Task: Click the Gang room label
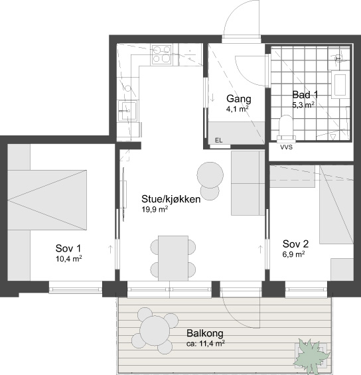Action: [x=239, y=99]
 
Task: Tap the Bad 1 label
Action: [x=305, y=95]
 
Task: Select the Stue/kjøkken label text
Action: [x=171, y=199]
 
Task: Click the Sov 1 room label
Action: [x=68, y=248]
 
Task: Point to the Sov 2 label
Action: [x=295, y=244]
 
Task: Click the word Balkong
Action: [x=205, y=333]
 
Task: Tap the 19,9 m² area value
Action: [x=155, y=210]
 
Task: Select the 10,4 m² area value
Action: [x=69, y=259]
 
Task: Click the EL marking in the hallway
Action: [x=218, y=141]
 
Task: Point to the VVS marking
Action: [x=287, y=147]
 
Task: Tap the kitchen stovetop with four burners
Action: [x=161, y=55]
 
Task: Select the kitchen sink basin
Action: [x=128, y=110]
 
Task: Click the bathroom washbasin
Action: [x=340, y=84]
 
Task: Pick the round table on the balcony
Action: [x=155, y=331]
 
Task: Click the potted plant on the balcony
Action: [x=311, y=354]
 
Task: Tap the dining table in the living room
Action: [x=173, y=258]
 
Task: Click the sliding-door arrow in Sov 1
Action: [x=110, y=249]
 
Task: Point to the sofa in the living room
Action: [x=248, y=183]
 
